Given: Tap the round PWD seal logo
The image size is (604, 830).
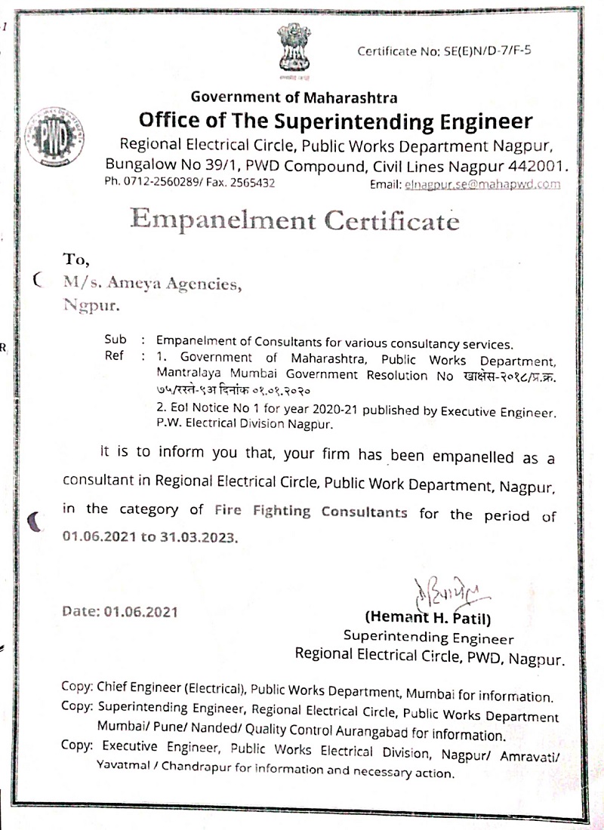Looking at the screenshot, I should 50,139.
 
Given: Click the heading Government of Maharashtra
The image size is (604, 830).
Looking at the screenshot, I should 294,97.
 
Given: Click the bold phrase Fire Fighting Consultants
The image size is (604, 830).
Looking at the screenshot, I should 310,512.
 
